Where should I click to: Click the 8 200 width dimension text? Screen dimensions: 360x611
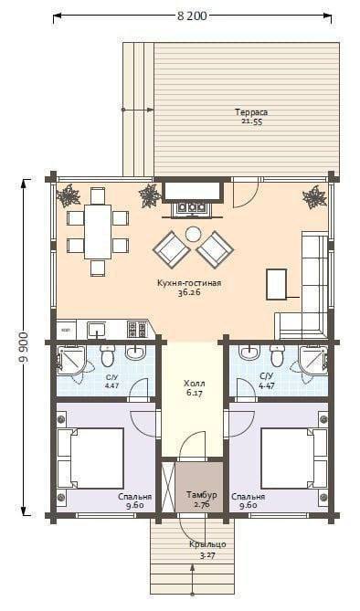pos(192,16)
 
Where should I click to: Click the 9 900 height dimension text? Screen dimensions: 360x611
pos(24,348)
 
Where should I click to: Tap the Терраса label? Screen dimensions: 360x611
pos(251,112)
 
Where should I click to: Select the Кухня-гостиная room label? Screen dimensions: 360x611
pos(189,283)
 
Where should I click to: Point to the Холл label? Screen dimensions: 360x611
pos(195,384)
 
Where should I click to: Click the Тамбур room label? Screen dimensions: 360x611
pos(202,495)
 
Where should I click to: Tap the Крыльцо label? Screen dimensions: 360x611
pos(208,544)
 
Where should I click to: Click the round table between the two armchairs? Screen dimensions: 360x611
pos(192,234)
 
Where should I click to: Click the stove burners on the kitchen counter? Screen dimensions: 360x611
pos(136,330)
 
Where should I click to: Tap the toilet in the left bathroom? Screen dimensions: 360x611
pos(107,355)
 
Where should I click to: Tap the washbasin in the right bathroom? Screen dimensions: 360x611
pos(249,353)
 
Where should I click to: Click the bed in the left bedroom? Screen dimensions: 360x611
pos(92,458)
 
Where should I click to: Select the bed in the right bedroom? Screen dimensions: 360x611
pos(293,458)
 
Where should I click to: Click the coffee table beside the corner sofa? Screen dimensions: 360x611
pos(277,284)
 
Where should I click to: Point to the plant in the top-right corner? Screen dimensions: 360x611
pos(314,196)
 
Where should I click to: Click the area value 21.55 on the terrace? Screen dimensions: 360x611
pos(251,121)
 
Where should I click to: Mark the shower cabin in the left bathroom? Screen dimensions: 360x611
pos(71,360)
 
